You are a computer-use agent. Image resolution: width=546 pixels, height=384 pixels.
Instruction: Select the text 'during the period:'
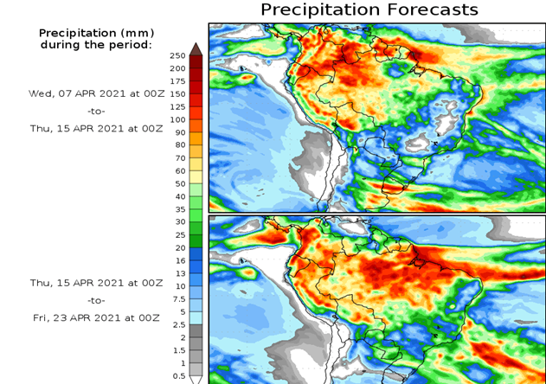[96, 44]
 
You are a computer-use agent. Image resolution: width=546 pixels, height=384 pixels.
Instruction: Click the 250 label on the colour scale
[177, 55]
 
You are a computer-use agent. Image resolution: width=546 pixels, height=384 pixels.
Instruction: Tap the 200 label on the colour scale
[177, 68]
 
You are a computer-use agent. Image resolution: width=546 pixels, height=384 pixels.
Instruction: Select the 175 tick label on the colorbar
[177, 81]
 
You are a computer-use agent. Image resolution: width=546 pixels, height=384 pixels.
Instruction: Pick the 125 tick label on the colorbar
[177, 106]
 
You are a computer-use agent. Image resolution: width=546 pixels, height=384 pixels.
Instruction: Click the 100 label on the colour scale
[177, 119]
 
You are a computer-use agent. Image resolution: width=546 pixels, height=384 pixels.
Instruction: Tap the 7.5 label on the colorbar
[178, 298]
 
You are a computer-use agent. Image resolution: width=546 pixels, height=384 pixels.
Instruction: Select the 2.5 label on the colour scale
[178, 324]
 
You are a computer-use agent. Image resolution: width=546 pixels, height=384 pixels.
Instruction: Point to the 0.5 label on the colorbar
[178, 375]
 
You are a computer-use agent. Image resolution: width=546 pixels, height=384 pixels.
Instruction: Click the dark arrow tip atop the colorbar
[196, 48]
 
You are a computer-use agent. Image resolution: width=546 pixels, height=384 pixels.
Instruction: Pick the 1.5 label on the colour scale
[178, 350]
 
